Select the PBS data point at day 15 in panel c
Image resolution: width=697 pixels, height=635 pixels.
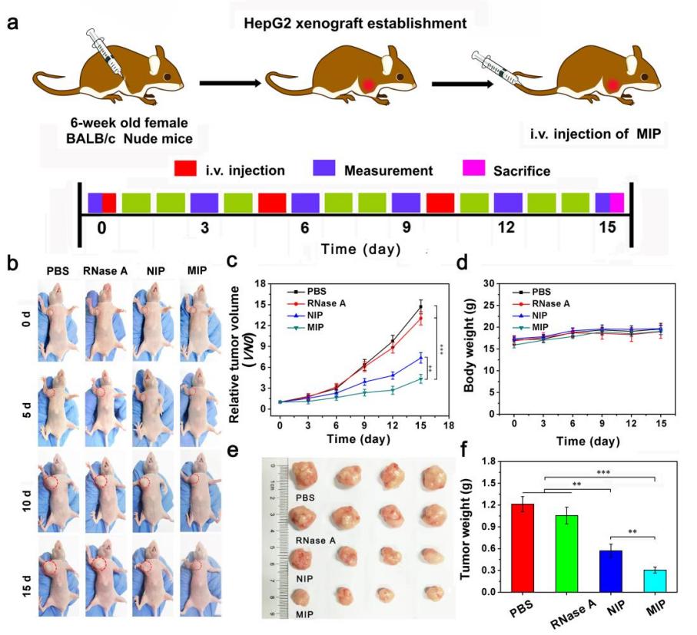click(420, 307)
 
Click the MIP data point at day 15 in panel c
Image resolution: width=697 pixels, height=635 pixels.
click(420, 379)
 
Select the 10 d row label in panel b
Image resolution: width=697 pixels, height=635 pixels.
click(16, 489)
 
